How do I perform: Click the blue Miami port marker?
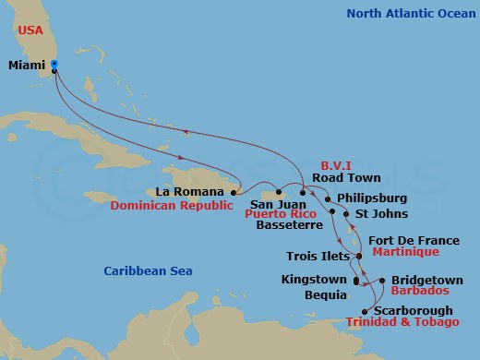[x=54, y=65]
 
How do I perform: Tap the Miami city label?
[x=27, y=66]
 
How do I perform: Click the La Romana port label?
[x=189, y=192]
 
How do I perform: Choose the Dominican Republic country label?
[x=171, y=207]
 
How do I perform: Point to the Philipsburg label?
[x=371, y=198]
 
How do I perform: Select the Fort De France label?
[x=414, y=240]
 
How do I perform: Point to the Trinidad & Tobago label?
[x=402, y=322]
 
